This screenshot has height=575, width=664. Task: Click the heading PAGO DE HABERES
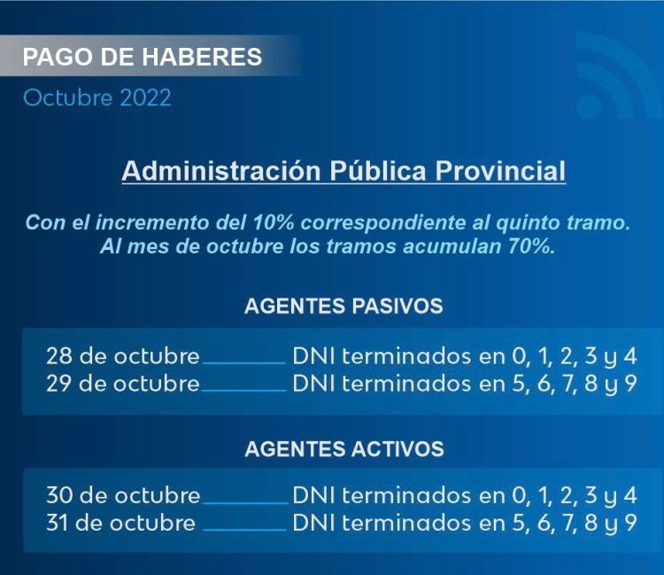point(142,58)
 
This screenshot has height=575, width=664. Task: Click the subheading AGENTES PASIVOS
point(344,307)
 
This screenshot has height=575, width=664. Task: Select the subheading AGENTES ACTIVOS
point(344,449)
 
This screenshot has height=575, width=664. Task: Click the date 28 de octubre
point(123,357)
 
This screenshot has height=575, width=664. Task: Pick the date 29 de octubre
point(123,384)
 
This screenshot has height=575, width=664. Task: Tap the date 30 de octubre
point(123,495)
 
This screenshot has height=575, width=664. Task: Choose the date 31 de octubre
point(121,523)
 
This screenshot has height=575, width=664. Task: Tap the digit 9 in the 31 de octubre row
point(629,523)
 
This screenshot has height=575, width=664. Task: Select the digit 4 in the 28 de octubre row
point(629,357)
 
